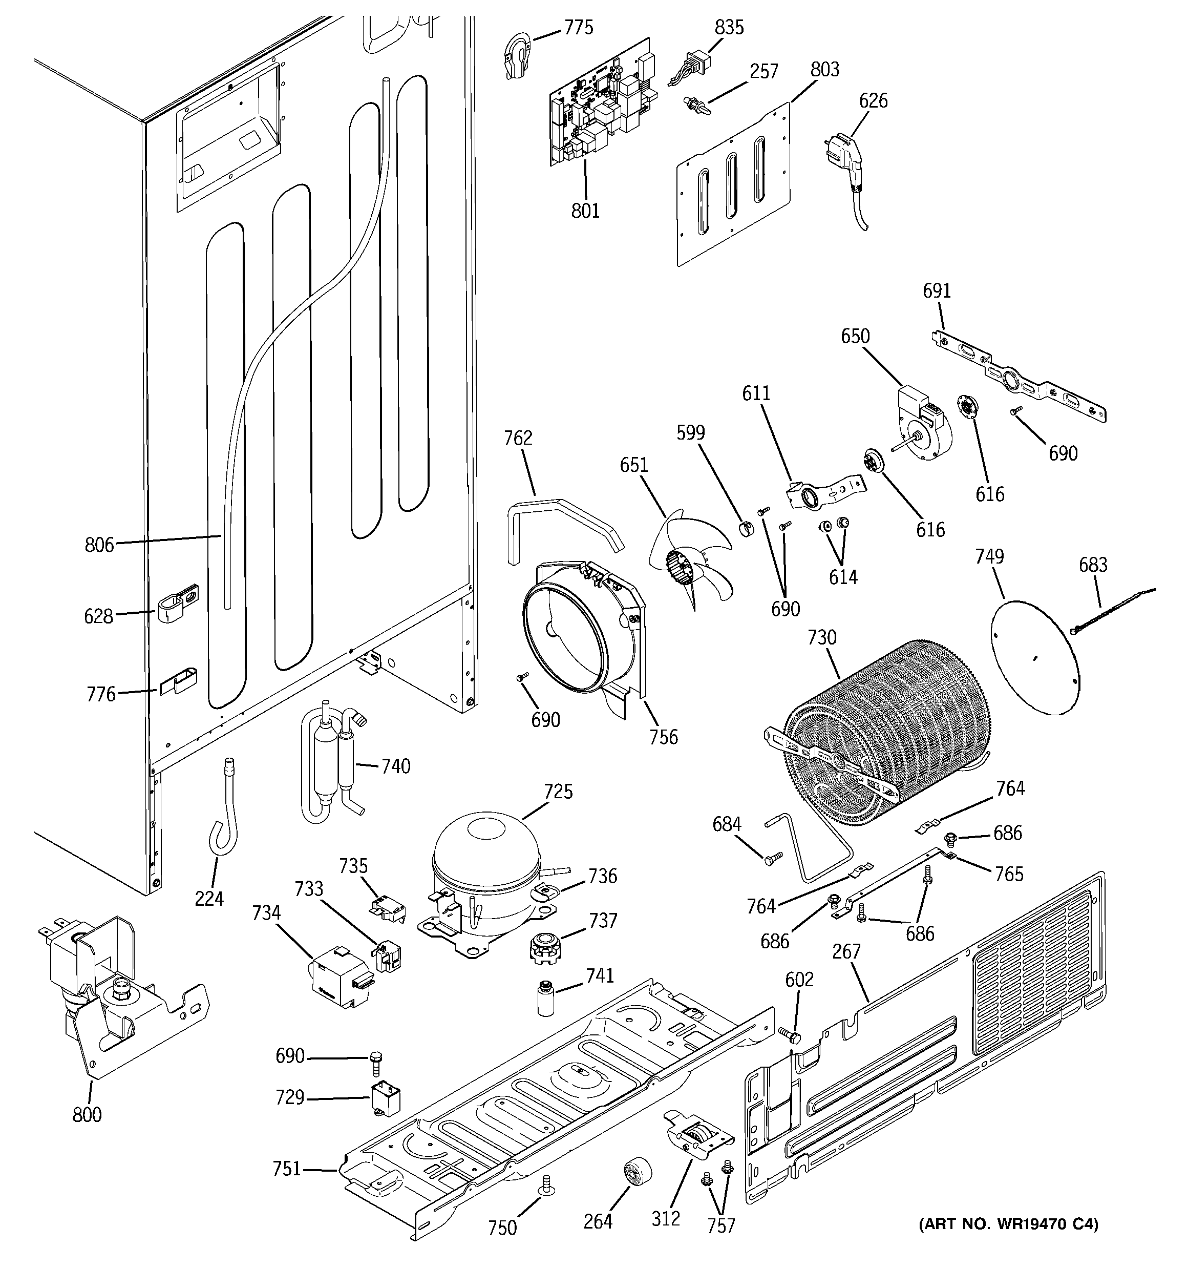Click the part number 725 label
coord(558,792)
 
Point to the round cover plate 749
coord(1036,657)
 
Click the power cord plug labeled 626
coord(845,159)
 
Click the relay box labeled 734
coord(338,976)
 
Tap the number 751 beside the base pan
coord(286,1169)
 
